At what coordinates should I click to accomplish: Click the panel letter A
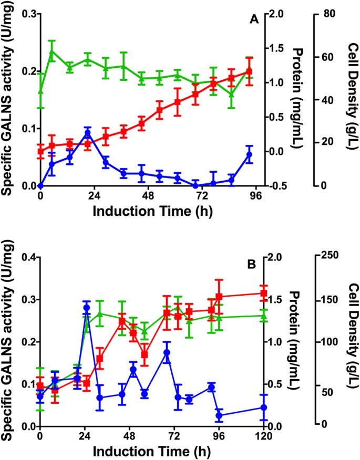tap(253, 20)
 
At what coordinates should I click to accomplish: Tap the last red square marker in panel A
tap(249, 72)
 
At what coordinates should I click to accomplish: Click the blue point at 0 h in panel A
tap(40, 186)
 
